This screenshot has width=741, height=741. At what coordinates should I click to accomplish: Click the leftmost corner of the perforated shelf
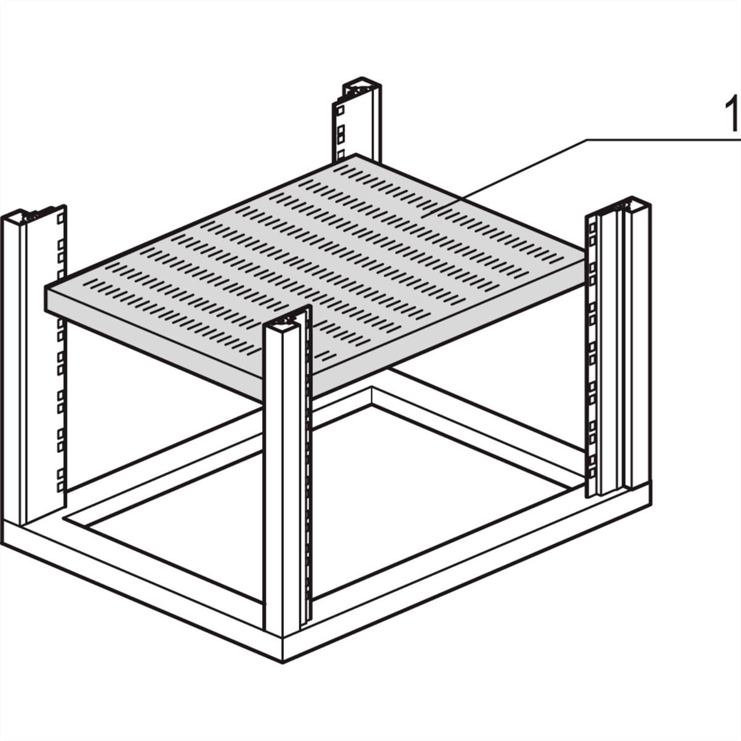[x=47, y=290]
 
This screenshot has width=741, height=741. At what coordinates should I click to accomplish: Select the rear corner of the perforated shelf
[x=357, y=155]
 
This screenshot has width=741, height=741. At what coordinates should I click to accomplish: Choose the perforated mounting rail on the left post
[x=61, y=346]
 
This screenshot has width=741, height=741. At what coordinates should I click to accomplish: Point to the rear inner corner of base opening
[x=371, y=405]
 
